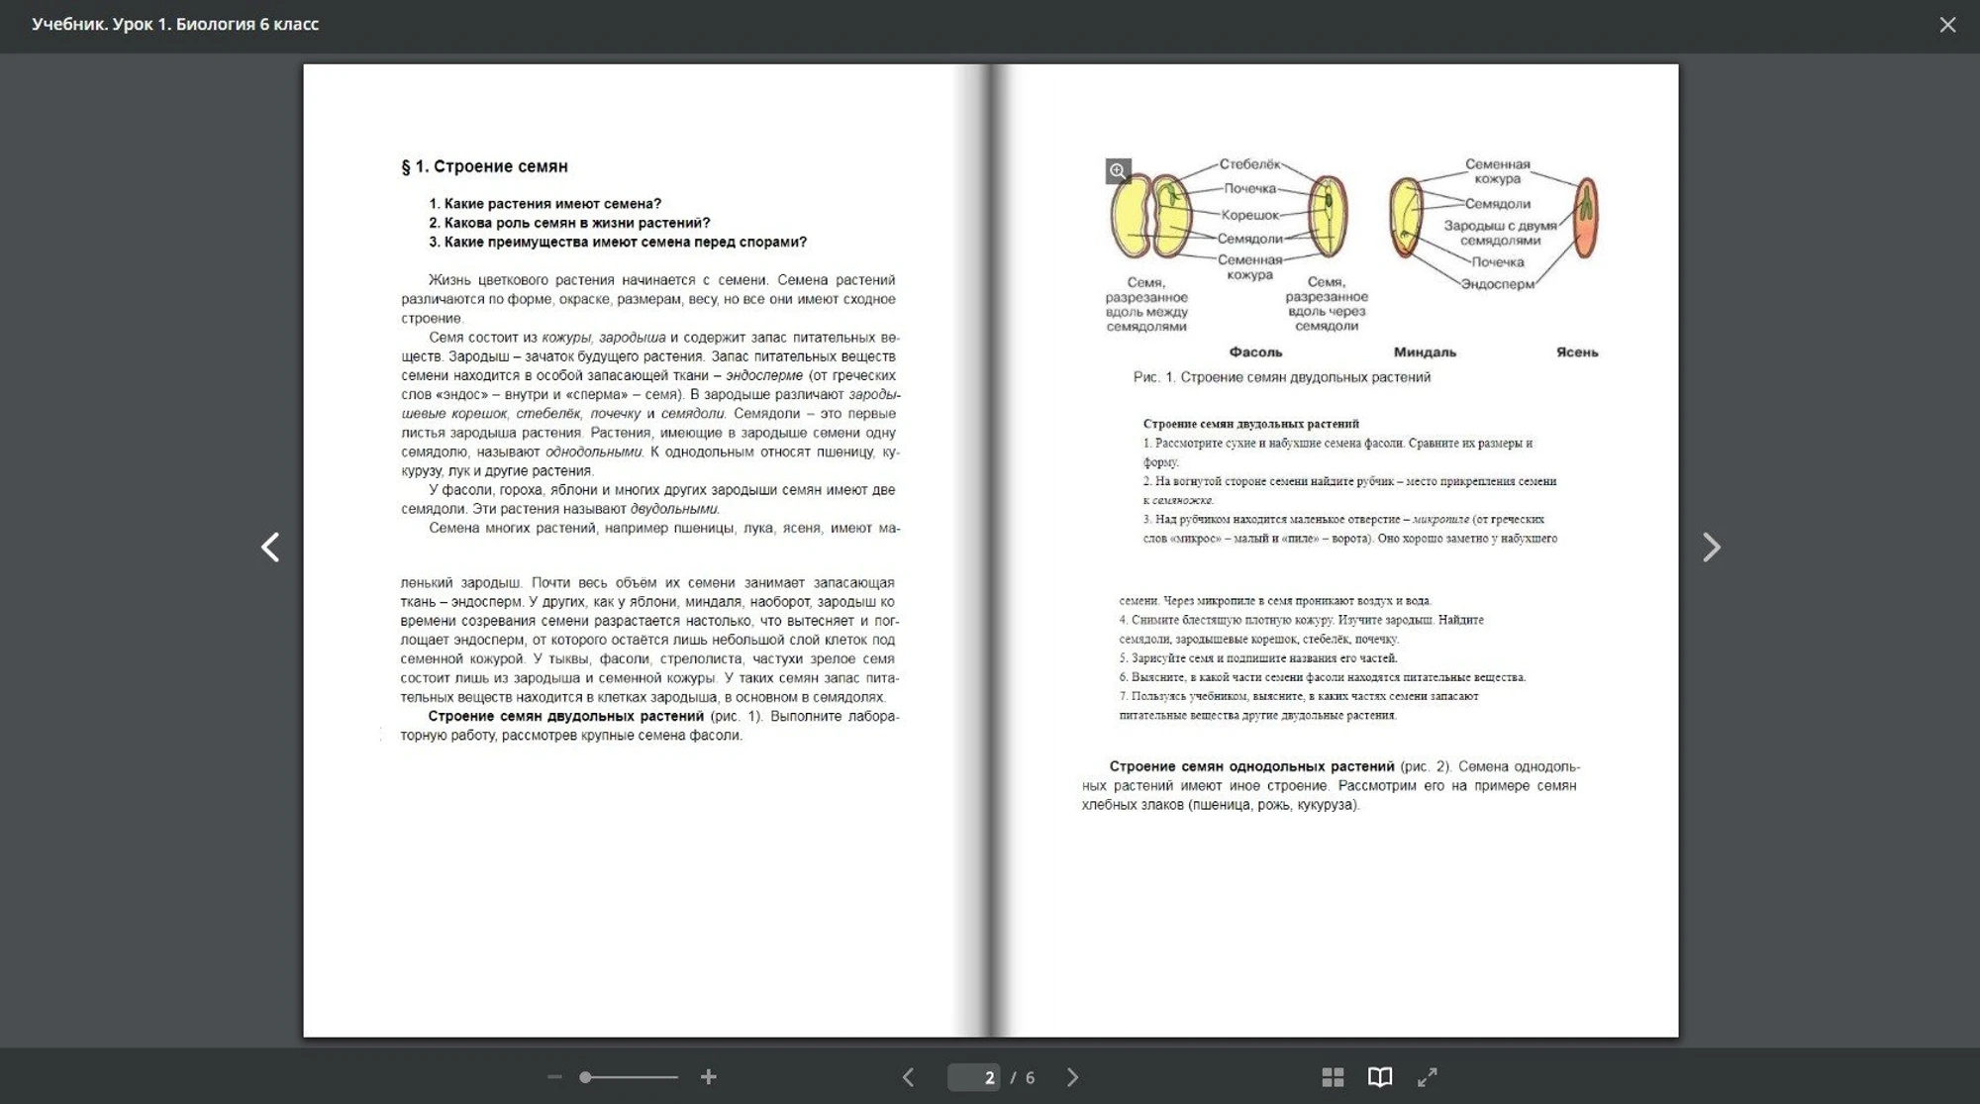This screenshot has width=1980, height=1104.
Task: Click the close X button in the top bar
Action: click(1947, 25)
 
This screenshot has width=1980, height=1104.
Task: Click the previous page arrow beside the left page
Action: click(270, 547)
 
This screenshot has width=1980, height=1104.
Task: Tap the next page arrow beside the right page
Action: click(1711, 547)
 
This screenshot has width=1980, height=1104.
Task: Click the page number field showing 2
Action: click(975, 1077)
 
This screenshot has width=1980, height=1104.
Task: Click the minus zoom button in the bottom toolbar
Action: click(554, 1077)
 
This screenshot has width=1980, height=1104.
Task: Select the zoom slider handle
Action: click(586, 1077)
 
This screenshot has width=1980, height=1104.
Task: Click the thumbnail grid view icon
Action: click(1333, 1077)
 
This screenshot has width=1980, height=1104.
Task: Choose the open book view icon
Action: click(1380, 1077)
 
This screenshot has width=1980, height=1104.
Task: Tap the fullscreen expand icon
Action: click(1427, 1077)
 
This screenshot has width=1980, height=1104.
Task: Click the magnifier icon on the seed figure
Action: click(1118, 171)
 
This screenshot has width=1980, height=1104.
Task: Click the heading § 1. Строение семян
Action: click(484, 166)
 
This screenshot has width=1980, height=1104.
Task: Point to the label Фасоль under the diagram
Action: click(1255, 352)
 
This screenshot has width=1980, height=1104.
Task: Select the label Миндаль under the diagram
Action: click(1425, 352)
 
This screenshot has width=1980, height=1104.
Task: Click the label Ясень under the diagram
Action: click(1576, 352)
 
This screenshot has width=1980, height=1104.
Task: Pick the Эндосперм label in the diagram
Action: click(1498, 284)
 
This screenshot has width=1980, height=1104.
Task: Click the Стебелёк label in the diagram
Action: click(1249, 164)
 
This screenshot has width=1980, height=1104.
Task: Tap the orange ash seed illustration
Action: click(1586, 217)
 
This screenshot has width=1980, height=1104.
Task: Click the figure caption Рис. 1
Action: click(1281, 377)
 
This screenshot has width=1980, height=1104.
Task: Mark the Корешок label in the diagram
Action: click(1249, 215)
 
